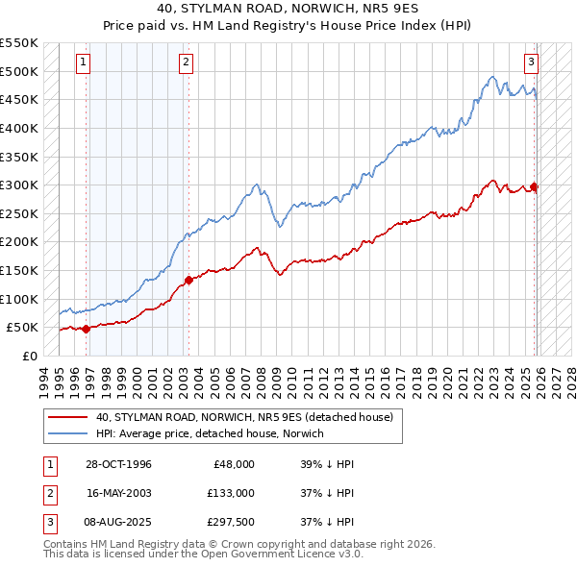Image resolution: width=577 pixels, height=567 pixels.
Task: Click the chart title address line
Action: pos(288,8)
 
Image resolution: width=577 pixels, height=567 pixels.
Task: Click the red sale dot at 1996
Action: pos(87,329)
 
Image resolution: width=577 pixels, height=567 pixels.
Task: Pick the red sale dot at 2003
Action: pos(188,280)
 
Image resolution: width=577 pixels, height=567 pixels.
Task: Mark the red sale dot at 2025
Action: pos(535,187)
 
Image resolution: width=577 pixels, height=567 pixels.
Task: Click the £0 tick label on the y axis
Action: pos(29,356)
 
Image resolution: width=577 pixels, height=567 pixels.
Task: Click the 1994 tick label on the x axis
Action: pos(44,380)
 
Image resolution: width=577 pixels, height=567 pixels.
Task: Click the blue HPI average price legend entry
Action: pos(210,434)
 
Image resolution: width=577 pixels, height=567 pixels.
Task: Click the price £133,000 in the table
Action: pos(231,493)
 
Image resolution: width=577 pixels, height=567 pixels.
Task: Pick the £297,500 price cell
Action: pos(231,522)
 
